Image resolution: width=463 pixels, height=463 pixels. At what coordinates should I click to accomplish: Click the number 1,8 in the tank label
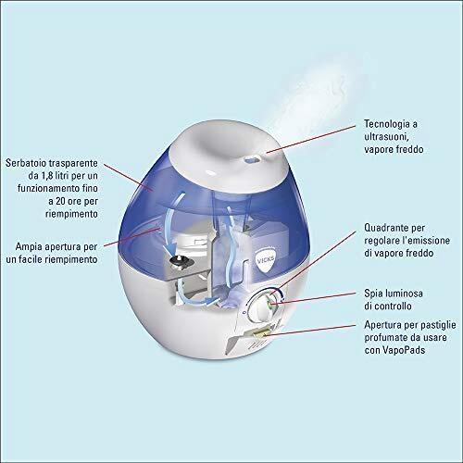[47, 176]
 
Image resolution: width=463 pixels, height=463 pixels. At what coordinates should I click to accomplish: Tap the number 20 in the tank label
[61, 201]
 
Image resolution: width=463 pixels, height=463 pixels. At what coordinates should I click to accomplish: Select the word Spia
[372, 294]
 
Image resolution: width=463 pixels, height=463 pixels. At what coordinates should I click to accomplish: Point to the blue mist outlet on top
[253, 159]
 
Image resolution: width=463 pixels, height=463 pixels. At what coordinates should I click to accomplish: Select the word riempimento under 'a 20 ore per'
[71, 214]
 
